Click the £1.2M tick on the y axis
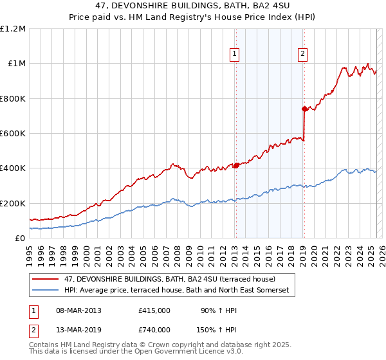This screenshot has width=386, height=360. [x=14, y=29]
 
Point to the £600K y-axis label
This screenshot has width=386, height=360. [x=13, y=134]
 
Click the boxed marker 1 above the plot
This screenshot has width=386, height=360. [x=235, y=55]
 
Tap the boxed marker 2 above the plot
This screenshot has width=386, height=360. [x=302, y=55]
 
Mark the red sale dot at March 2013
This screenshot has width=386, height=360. [x=236, y=165]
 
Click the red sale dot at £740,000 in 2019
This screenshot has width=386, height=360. [x=304, y=109]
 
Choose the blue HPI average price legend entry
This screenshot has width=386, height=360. [x=178, y=291]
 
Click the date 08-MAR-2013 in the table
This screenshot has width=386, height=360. [x=78, y=310]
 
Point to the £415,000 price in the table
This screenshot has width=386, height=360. [x=154, y=310]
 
